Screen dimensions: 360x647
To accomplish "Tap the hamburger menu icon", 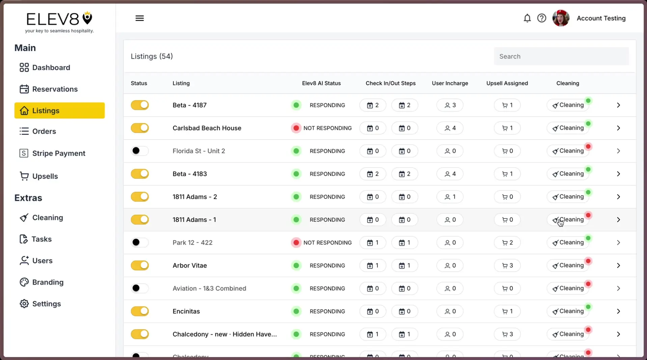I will [139, 18].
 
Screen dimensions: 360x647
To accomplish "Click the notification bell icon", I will [527, 18].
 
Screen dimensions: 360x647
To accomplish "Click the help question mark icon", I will [541, 18].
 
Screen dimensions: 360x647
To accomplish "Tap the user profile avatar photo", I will [561, 18].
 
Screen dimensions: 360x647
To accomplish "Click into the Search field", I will [561, 56].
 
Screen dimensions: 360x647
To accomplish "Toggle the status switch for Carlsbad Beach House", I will [140, 128].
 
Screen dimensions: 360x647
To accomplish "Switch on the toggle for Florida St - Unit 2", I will [140, 151].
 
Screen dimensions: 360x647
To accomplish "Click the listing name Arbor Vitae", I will [190, 266].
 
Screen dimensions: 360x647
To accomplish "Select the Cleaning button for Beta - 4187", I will [568, 105].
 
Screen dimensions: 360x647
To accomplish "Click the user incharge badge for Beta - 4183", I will [450, 174].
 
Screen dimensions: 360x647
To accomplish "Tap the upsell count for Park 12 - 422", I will [507, 243].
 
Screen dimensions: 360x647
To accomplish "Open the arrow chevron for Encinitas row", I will [618, 311].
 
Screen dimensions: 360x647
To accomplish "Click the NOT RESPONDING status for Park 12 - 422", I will [327, 243].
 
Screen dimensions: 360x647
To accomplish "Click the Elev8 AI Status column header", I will [321, 83].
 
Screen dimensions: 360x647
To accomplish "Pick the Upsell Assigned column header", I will [507, 83].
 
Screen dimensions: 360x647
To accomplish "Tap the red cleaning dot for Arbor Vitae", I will [588, 261].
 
